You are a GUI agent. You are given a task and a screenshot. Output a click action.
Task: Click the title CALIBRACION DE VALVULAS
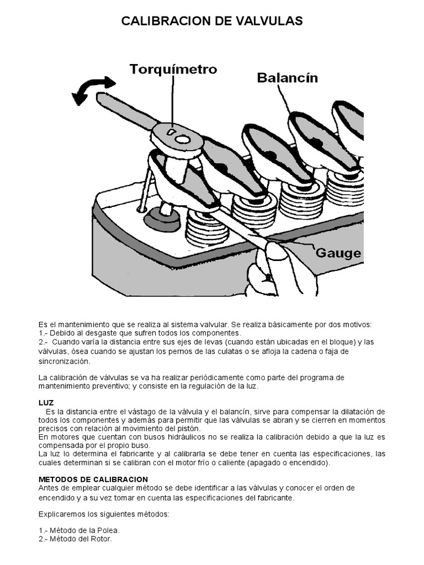tap(212, 21)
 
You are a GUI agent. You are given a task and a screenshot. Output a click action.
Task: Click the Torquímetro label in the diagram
tap(173, 70)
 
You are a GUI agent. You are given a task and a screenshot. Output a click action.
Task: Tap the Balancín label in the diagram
tap(287, 78)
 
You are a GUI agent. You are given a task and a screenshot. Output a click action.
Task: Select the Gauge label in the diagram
tap(338, 253)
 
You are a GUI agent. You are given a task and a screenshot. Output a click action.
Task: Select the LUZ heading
tap(46, 403)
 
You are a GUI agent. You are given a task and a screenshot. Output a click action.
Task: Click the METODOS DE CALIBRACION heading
tap(93, 479)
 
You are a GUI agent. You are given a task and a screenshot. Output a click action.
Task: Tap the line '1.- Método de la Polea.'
tap(79, 530)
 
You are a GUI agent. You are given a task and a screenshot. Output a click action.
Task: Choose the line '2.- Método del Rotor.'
tap(75, 539)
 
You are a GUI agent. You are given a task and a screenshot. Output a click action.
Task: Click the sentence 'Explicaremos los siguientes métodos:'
tap(104, 514)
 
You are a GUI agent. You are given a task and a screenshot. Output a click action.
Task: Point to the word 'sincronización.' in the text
tap(63, 361)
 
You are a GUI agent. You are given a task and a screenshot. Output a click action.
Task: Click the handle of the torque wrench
tap(124, 110)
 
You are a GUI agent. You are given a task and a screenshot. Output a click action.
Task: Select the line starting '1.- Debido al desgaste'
tap(140, 333)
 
